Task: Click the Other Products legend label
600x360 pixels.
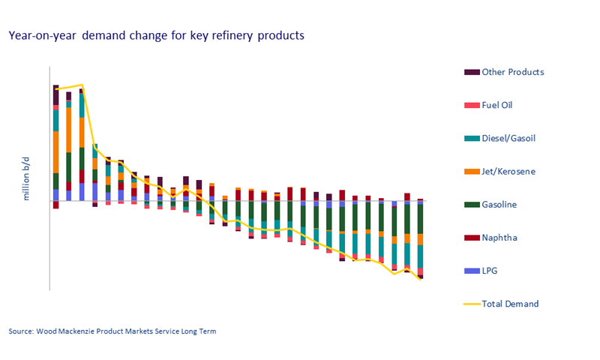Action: click(512, 72)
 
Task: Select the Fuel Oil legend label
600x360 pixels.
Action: click(496, 105)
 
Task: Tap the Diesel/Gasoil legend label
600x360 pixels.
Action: click(508, 138)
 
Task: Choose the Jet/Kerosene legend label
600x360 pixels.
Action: click(508, 172)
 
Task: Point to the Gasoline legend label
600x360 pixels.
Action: click(499, 205)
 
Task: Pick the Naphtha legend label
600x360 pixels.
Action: click(499, 238)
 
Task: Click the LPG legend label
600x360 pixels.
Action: click(491, 271)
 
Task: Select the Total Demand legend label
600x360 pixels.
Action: click(510, 304)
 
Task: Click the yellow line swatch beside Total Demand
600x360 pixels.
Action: click(472, 304)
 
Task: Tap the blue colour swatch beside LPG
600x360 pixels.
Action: click(472, 271)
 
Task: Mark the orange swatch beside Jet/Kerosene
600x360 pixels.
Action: click(472, 172)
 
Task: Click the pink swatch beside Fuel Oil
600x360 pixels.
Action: click(472, 105)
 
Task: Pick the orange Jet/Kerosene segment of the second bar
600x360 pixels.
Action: click(69, 129)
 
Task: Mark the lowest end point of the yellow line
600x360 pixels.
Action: click(421, 279)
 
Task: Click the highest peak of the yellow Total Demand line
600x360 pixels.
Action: click(82, 85)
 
